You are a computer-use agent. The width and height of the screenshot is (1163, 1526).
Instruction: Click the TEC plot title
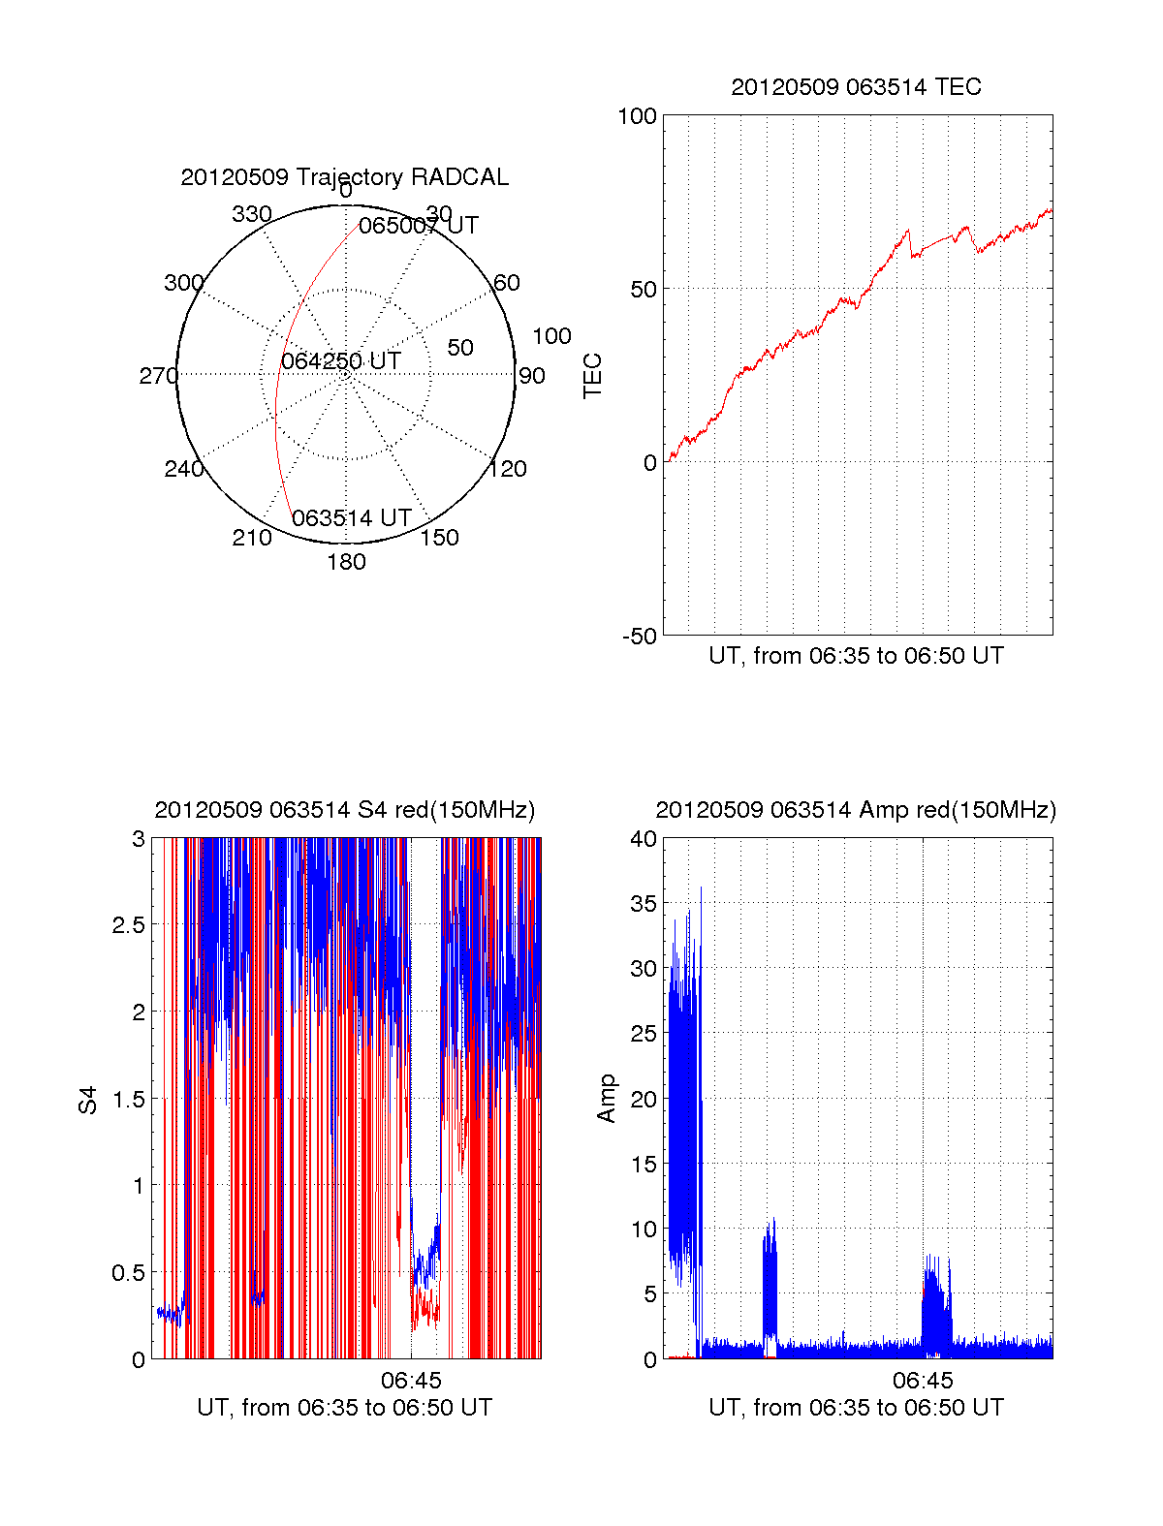pos(856,87)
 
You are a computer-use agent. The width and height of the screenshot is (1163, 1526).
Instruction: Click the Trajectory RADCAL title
pos(344,177)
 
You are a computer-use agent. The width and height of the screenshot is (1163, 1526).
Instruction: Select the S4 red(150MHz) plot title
pos(344,810)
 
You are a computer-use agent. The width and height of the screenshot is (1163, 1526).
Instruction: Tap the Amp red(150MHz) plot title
pos(856,810)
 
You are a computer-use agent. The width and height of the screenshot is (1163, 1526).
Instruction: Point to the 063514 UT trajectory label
pos(352,518)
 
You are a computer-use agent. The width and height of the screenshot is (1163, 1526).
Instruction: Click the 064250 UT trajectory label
pos(341,361)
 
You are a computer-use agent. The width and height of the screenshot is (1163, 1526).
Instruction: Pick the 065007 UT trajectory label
pos(419,226)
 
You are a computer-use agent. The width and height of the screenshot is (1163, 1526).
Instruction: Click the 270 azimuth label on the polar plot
pos(158,376)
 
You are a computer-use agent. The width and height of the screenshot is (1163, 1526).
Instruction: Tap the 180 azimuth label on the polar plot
pos(346,562)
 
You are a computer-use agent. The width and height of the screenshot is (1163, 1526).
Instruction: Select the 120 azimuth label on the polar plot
pos(508,469)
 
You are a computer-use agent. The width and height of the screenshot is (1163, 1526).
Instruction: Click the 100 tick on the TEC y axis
pos(637,116)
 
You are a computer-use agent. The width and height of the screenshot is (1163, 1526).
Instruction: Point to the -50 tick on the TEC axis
pos(639,637)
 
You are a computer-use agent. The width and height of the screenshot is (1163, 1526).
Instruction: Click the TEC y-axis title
pos(592,376)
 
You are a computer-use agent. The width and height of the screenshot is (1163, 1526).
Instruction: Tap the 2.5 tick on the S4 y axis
pos(129,925)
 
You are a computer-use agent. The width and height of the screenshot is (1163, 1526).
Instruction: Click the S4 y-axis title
pos(88,1100)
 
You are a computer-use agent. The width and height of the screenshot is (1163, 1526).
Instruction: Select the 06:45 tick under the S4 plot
pos(411,1380)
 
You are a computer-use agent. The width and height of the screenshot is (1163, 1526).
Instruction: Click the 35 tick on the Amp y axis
pos(644,904)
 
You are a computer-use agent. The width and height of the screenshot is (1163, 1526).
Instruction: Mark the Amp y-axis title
pos(607,1099)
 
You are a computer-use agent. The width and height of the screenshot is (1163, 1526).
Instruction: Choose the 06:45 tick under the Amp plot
pos(923,1380)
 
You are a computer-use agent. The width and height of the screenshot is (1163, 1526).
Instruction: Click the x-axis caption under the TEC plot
pos(856,656)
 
